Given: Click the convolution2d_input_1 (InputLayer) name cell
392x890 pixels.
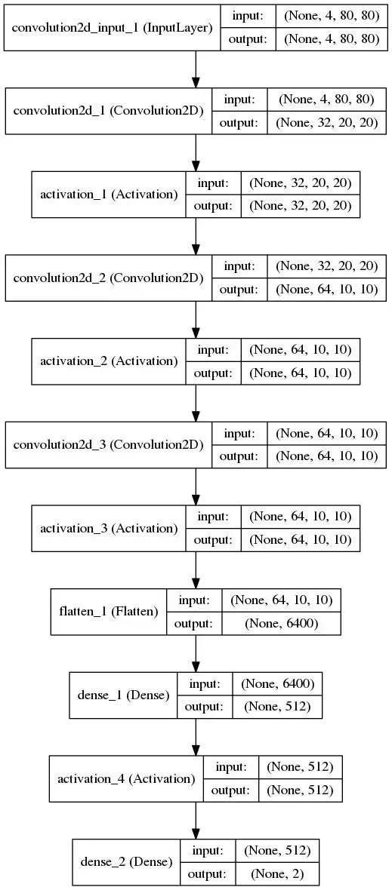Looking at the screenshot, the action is (x=113, y=28).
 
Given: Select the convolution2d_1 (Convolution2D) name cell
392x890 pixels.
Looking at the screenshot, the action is (x=108, y=112).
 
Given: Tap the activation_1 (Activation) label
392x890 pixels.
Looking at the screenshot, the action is (x=109, y=195).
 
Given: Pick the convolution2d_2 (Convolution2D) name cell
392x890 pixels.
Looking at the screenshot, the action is (x=108, y=278).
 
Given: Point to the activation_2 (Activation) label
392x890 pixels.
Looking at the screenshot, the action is (x=109, y=361).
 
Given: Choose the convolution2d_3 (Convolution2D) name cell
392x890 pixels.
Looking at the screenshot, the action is (x=108, y=445).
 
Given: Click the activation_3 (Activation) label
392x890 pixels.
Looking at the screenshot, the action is (x=109, y=529).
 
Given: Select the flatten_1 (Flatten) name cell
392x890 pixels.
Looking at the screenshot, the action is (x=109, y=612).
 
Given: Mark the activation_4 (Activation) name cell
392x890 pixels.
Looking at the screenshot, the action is (x=126, y=778).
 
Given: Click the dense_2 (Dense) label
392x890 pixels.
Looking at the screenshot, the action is (x=127, y=862).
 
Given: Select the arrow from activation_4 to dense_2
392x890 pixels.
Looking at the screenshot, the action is (x=196, y=820).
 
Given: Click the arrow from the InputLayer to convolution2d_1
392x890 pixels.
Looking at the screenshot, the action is (x=196, y=69).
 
